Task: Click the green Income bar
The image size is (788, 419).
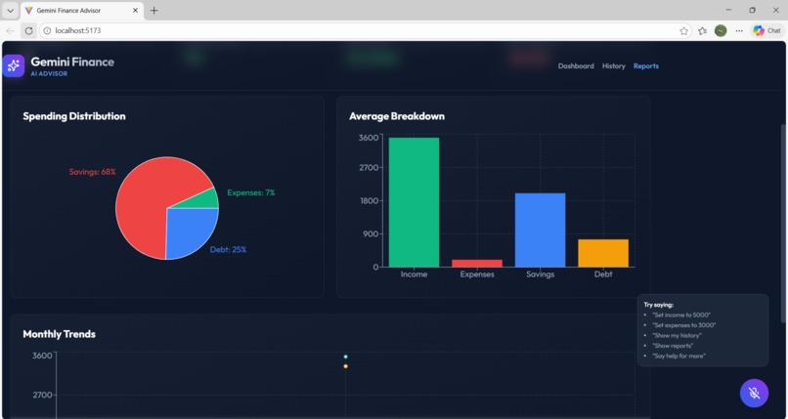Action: click(x=414, y=202)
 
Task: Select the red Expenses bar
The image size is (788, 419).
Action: click(x=477, y=263)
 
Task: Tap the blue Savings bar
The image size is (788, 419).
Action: click(x=540, y=230)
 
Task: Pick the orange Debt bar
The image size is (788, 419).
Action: click(x=603, y=253)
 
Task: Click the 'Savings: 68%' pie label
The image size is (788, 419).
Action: click(x=92, y=172)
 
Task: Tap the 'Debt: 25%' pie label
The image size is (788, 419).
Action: click(x=228, y=250)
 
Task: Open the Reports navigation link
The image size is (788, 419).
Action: click(x=646, y=66)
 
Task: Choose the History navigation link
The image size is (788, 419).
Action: click(x=614, y=66)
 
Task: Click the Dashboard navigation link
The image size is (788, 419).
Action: click(x=576, y=66)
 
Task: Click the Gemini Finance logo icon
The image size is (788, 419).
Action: click(x=14, y=65)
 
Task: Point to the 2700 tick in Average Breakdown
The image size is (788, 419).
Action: click(x=369, y=168)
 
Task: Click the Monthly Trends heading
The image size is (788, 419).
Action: click(x=60, y=334)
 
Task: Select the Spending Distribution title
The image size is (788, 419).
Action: click(x=74, y=116)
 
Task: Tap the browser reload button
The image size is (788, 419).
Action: click(x=28, y=30)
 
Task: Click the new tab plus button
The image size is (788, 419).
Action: click(x=153, y=10)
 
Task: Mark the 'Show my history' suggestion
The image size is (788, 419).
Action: click(x=678, y=335)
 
